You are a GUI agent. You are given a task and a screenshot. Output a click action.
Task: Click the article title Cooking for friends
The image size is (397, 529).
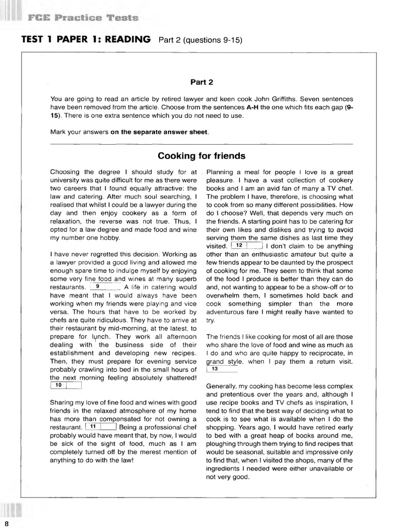pos(202,155)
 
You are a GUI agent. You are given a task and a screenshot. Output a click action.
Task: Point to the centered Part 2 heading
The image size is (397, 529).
pos(202,82)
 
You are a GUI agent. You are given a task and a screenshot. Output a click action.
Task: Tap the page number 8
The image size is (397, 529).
pos(6,524)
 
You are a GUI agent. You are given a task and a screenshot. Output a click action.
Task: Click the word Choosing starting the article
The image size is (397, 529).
pos(65,172)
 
